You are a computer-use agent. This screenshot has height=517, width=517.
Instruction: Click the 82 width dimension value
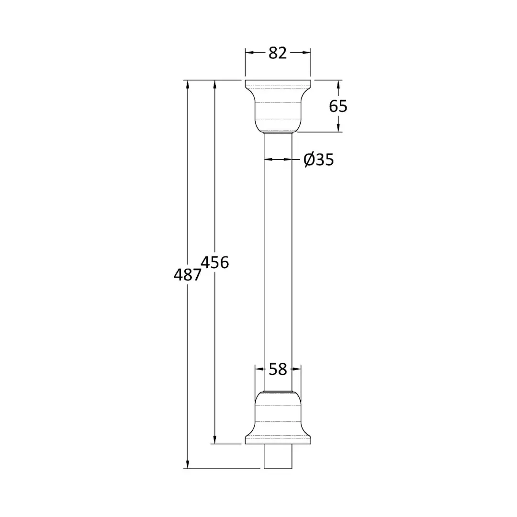(278, 53)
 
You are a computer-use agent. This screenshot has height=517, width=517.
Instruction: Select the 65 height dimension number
(338, 106)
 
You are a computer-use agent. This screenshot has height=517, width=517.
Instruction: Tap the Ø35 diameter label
(318, 160)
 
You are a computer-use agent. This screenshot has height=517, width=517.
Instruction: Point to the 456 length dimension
(214, 262)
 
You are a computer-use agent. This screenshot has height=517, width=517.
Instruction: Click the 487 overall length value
(187, 275)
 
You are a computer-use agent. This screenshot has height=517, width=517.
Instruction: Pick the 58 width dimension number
(278, 369)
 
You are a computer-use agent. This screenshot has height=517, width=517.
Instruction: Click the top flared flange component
(278, 106)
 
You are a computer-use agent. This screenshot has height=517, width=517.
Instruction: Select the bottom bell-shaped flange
(278, 417)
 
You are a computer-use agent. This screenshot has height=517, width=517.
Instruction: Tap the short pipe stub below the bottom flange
(278, 456)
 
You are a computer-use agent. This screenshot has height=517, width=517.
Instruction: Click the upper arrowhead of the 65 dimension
(338, 84)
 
